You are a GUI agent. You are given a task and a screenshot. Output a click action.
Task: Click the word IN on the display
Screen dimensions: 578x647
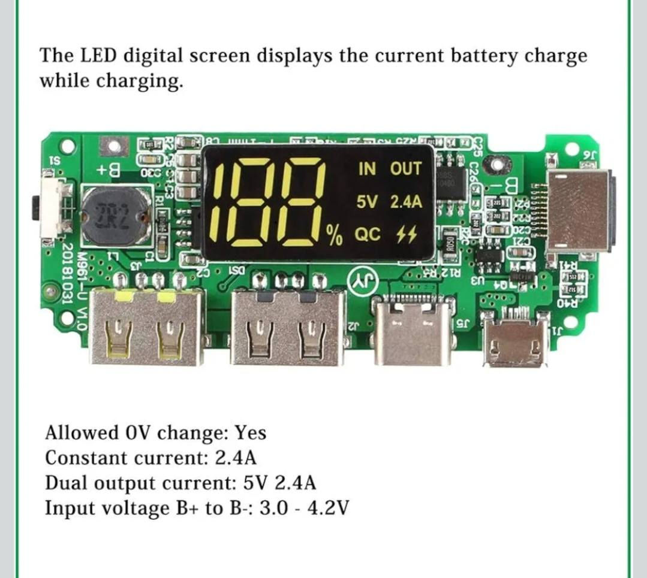click(x=367, y=170)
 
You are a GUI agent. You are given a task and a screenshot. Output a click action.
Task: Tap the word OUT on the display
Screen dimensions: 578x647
click(x=406, y=170)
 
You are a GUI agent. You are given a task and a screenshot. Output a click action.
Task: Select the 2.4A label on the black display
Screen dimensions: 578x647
click(x=406, y=202)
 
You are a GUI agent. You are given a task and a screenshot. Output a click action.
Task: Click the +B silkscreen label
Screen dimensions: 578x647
click(x=110, y=170)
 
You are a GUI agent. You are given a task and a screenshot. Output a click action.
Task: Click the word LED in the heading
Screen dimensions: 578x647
click(x=98, y=56)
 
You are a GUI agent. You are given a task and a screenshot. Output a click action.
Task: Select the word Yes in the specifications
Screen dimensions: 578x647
click(x=250, y=432)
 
